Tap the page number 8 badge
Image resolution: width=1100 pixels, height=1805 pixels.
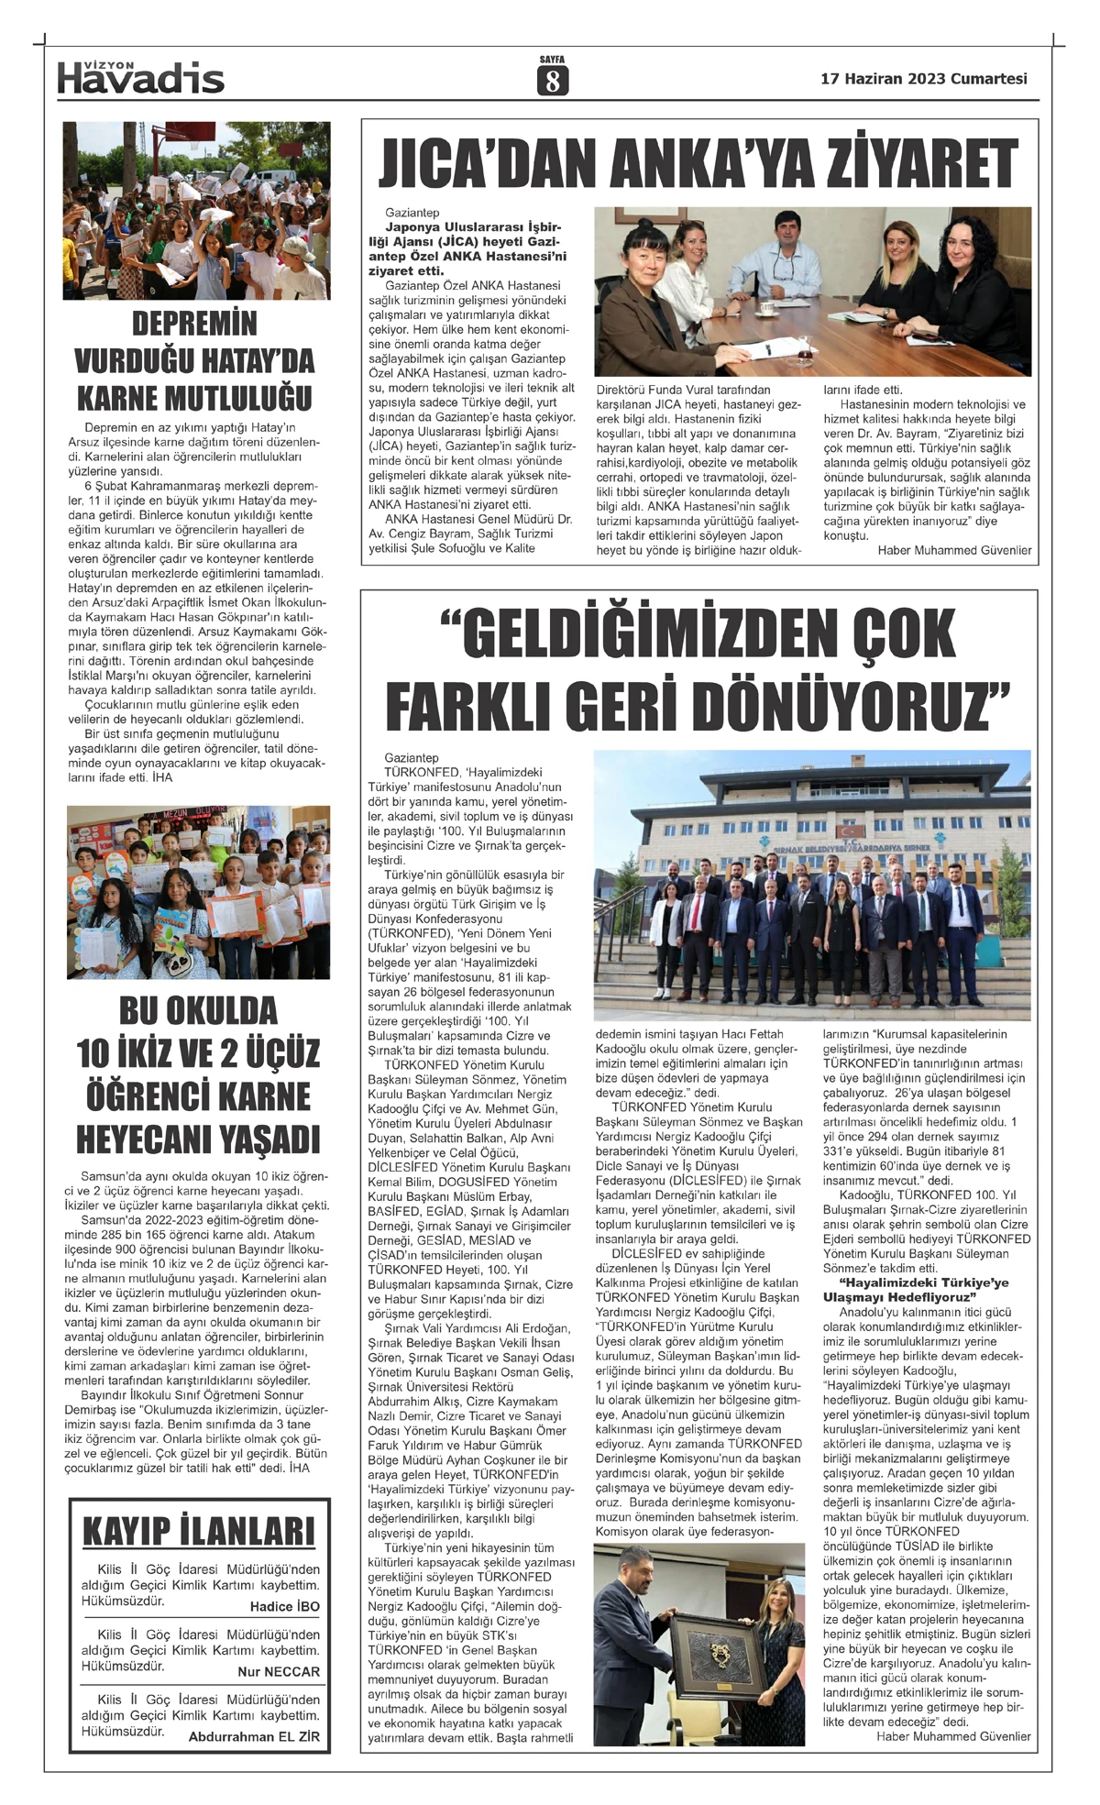[x=552, y=82]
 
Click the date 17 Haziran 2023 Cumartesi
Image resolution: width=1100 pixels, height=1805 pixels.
[x=924, y=79]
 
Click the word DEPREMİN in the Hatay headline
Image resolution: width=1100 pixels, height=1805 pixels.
[x=194, y=325]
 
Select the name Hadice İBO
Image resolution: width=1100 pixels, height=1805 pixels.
[x=284, y=1607]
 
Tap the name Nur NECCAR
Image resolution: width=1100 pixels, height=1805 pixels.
[x=279, y=1671]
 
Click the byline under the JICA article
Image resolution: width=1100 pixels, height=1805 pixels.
[x=954, y=551]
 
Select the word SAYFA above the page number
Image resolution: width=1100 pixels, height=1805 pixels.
[x=552, y=59]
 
